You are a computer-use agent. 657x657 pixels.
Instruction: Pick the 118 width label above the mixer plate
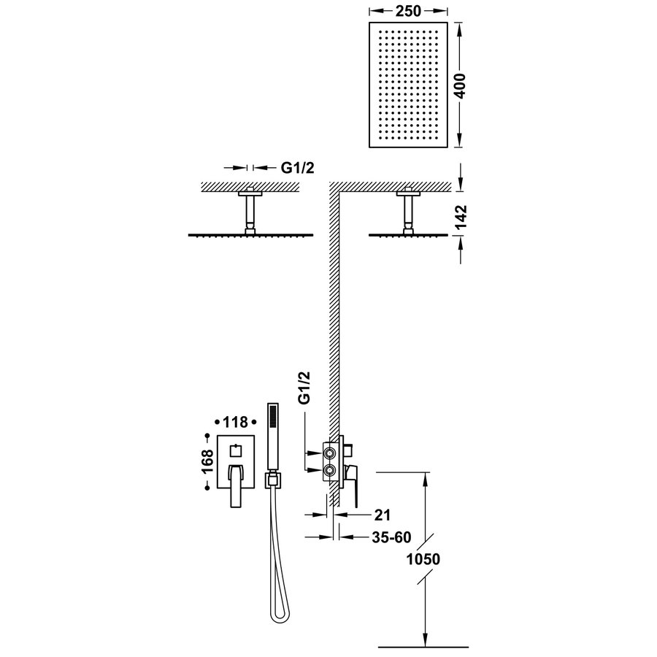click(x=234, y=423)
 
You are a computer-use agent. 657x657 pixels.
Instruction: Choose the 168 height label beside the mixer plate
click(x=209, y=461)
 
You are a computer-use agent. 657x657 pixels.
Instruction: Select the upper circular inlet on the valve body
click(x=331, y=455)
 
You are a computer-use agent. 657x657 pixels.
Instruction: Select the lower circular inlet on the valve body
click(x=331, y=472)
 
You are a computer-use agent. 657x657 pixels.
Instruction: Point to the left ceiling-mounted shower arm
click(x=250, y=212)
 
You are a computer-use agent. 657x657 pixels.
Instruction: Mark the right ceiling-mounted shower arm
click(x=407, y=212)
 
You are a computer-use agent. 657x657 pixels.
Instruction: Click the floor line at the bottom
click(x=423, y=645)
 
